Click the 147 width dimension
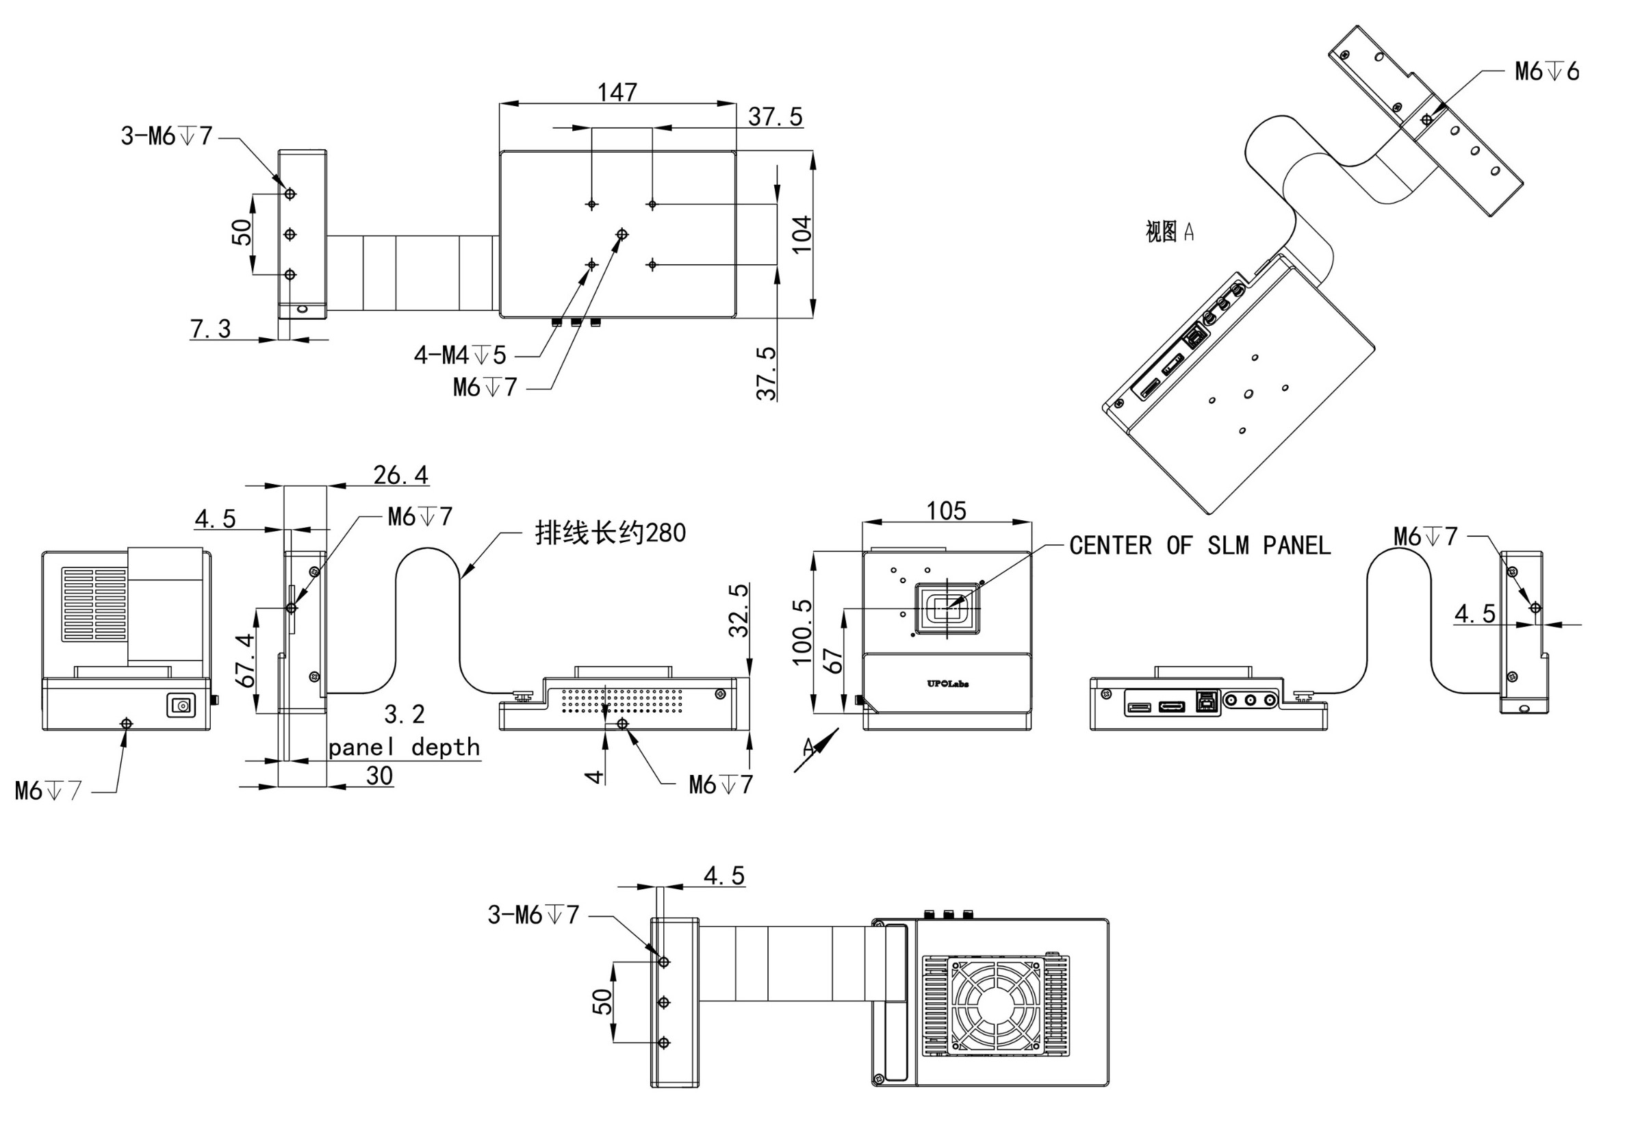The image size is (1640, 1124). coord(617,92)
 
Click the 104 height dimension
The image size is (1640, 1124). coord(802,234)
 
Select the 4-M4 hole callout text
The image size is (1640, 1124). coord(460,355)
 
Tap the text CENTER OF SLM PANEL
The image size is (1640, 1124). coord(1200,546)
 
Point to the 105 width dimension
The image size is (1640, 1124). coord(947,511)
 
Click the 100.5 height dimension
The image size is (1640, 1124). coord(802,633)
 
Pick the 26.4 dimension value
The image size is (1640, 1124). coord(400,475)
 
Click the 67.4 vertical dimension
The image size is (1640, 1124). coord(246,661)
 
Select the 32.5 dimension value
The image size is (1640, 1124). coord(738,611)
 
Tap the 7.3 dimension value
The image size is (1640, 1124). coord(210,329)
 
